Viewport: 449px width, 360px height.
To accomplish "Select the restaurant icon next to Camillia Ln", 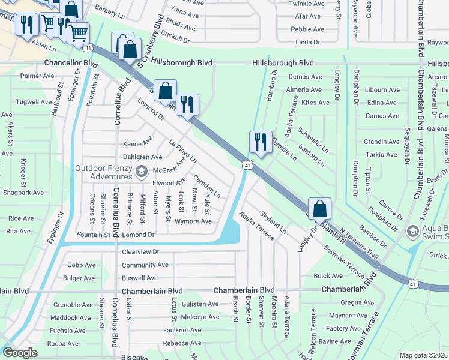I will [261, 142].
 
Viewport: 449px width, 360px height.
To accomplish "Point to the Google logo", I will [20, 353].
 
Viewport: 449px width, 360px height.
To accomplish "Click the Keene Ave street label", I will [137, 144].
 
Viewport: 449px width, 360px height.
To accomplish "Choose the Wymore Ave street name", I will [193, 221].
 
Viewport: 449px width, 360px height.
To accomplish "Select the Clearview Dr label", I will [140, 252].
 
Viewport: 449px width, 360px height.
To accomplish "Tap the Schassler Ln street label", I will [313, 141].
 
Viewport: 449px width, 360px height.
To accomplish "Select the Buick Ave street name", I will [328, 276].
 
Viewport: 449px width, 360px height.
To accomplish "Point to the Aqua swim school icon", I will [412, 231].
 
